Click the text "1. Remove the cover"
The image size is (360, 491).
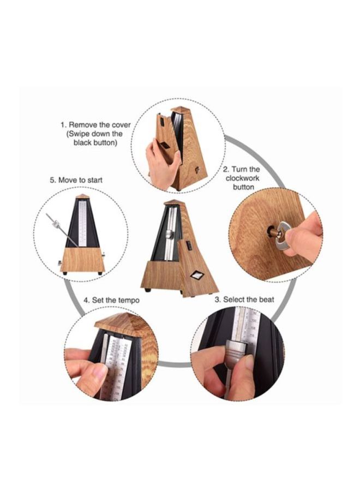pyautogui.click(x=95, y=125)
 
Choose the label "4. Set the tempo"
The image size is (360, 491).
pyautogui.click(x=112, y=300)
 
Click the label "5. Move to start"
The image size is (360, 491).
pyautogui.click(x=76, y=179)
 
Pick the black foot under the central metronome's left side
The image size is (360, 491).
pyautogui.click(x=148, y=289)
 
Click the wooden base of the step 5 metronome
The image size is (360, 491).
pyautogui.click(x=82, y=259)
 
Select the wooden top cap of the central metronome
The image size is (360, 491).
pyautogui.click(x=173, y=203)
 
